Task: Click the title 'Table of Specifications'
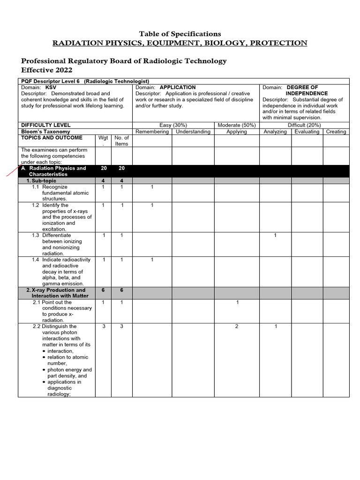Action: tap(180, 34)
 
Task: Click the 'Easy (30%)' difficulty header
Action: tap(173, 125)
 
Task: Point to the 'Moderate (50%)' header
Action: tap(236, 125)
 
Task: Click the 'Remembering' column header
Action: tap(152, 132)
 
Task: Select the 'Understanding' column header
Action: tap(193, 132)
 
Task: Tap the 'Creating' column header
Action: tap(336, 132)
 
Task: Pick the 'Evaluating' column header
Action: tap(307, 132)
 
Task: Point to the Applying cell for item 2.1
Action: tap(237, 302)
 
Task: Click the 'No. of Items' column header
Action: tap(121, 141)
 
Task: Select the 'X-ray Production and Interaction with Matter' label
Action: tap(59, 293)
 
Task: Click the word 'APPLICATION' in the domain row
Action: tap(178, 88)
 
